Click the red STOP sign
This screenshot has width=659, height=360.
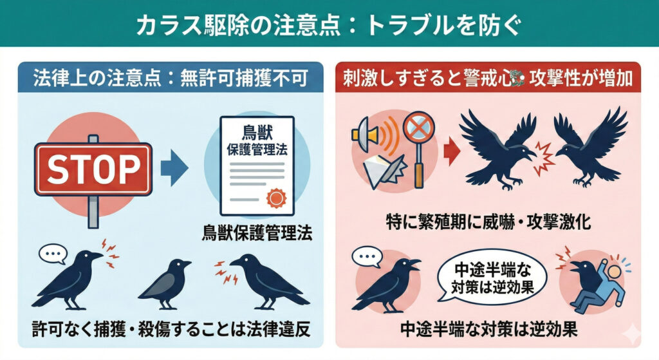pos(93,169)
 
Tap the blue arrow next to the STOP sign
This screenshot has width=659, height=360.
pos(173,169)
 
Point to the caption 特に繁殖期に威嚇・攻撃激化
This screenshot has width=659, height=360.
pos(489,223)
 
